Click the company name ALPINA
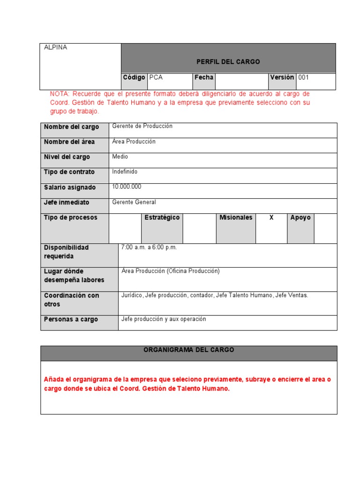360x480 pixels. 55,47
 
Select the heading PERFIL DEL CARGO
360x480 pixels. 228,62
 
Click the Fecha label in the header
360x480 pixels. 204,77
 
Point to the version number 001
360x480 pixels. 304,77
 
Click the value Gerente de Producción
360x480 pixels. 142,126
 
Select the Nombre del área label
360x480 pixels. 69,142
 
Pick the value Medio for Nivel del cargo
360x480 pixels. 120,157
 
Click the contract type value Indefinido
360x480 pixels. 125,172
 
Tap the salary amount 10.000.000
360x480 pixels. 127,187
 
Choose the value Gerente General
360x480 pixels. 134,202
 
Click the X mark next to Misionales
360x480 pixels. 271,217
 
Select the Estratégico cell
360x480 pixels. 162,217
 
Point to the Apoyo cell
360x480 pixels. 300,217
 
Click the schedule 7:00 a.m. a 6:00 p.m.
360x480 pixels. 149,247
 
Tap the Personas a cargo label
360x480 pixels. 71,319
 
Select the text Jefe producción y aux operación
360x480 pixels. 164,319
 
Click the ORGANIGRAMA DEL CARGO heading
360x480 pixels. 189,350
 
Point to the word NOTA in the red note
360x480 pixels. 59,94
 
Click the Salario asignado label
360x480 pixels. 70,187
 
